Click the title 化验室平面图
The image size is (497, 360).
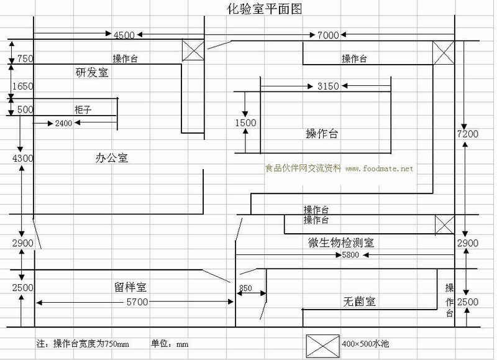257,9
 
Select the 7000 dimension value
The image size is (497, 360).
328,35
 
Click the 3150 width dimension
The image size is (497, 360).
328,86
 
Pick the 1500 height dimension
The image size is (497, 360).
245,123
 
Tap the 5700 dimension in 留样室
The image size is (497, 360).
137,302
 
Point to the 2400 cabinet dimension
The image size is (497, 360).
63,123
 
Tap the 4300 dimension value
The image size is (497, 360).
21,159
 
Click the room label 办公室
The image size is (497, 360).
112,158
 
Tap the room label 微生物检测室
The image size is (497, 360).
340,242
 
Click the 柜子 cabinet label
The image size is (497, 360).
83,109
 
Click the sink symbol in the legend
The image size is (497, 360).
322,343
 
